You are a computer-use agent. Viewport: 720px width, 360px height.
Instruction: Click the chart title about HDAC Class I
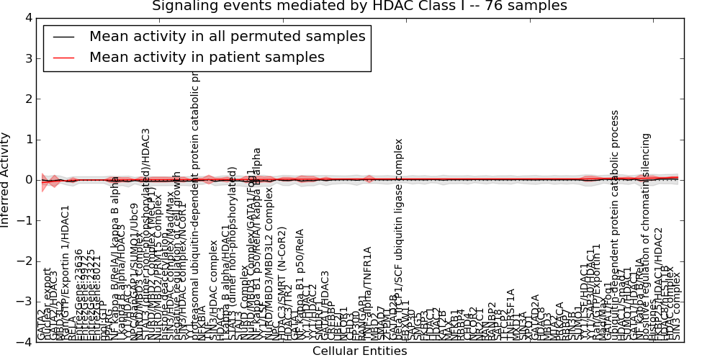coord(359,6)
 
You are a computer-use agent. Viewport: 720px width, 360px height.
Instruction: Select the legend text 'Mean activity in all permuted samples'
coord(227,36)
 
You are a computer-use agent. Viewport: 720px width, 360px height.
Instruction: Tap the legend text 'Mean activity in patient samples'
coord(207,57)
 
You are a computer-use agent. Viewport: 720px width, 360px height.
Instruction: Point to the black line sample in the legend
coord(62,37)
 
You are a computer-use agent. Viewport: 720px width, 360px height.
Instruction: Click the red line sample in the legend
coord(62,58)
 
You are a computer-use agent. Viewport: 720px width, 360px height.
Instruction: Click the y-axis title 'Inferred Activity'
coord(6,180)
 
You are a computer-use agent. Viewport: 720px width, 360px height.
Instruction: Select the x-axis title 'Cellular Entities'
coord(359,351)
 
